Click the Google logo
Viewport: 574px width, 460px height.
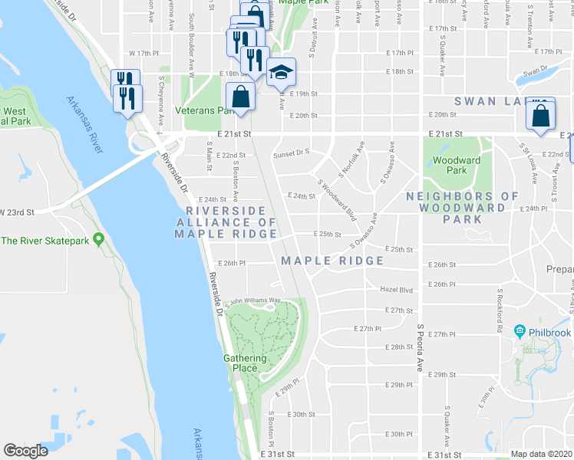pos(26,451)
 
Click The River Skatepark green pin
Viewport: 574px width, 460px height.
pos(98,240)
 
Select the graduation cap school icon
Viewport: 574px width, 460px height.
pos(281,73)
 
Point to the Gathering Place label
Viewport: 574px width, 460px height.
pos(246,363)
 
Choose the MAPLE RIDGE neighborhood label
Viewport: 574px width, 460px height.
pos(332,261)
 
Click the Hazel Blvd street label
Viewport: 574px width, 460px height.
pos(397,289)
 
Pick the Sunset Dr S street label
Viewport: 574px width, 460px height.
pos(291,153)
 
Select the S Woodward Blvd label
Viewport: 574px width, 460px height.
pos(337,197)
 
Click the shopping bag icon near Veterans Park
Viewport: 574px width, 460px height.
pos(240,97)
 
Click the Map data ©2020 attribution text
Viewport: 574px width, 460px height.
pos(542,454)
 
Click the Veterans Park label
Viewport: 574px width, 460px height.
pos(203,110)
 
